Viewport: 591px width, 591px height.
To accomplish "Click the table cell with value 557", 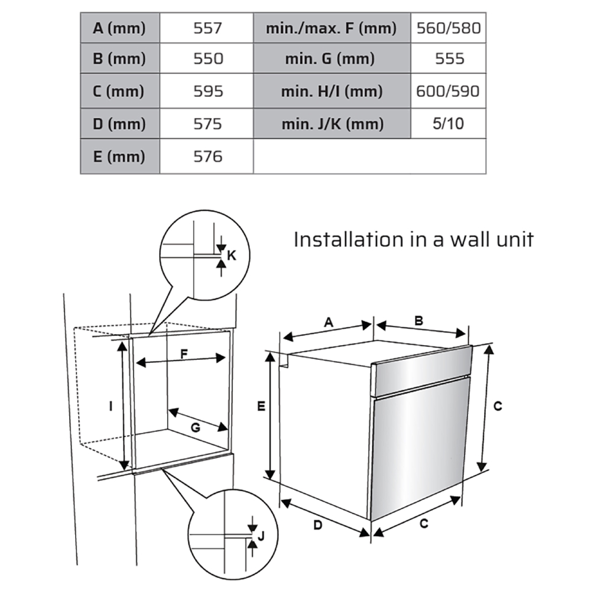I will click(x=207, y=28).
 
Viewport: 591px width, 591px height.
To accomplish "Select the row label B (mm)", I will click(x=119, y=59).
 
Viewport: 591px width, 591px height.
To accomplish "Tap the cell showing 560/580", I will click(x=448, y=28).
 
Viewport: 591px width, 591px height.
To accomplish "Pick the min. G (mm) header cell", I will click(x=332, y=59).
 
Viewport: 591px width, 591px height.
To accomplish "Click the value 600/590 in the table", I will click(x=448, y=92).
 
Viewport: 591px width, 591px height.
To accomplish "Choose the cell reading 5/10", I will click(x=448, y=124).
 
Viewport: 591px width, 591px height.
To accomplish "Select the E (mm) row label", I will click(x=119, y=157).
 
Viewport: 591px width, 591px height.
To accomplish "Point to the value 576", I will click(x=207, y=157).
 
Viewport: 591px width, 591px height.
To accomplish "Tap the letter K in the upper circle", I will click(x=232, y=255).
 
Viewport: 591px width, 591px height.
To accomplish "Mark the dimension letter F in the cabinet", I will click(x=184, y=353).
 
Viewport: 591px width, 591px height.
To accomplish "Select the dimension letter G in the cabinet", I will click(x=195, y=428).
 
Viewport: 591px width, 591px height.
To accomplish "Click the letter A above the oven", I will click(x=329, y=322).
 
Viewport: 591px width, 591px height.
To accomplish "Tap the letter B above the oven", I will click(x=418, y=321).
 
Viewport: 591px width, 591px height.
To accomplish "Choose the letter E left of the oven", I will click(x=261, y=406).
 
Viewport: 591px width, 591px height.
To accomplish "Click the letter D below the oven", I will click(x=317, y=525).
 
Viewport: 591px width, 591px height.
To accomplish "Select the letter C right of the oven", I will click(x=498, y=406).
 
